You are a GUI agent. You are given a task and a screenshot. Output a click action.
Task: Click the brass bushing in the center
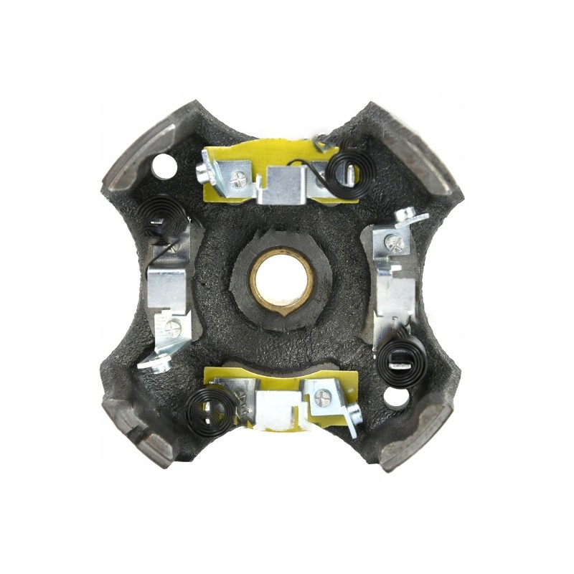click(282, 280)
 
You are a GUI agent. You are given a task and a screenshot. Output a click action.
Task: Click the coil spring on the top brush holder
click(344, 171)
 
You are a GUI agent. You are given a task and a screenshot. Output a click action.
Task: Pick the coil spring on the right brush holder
click(401, 359)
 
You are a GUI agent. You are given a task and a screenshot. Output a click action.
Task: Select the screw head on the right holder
click(393, 243)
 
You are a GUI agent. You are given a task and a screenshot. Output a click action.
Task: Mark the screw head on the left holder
click(172, 329)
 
